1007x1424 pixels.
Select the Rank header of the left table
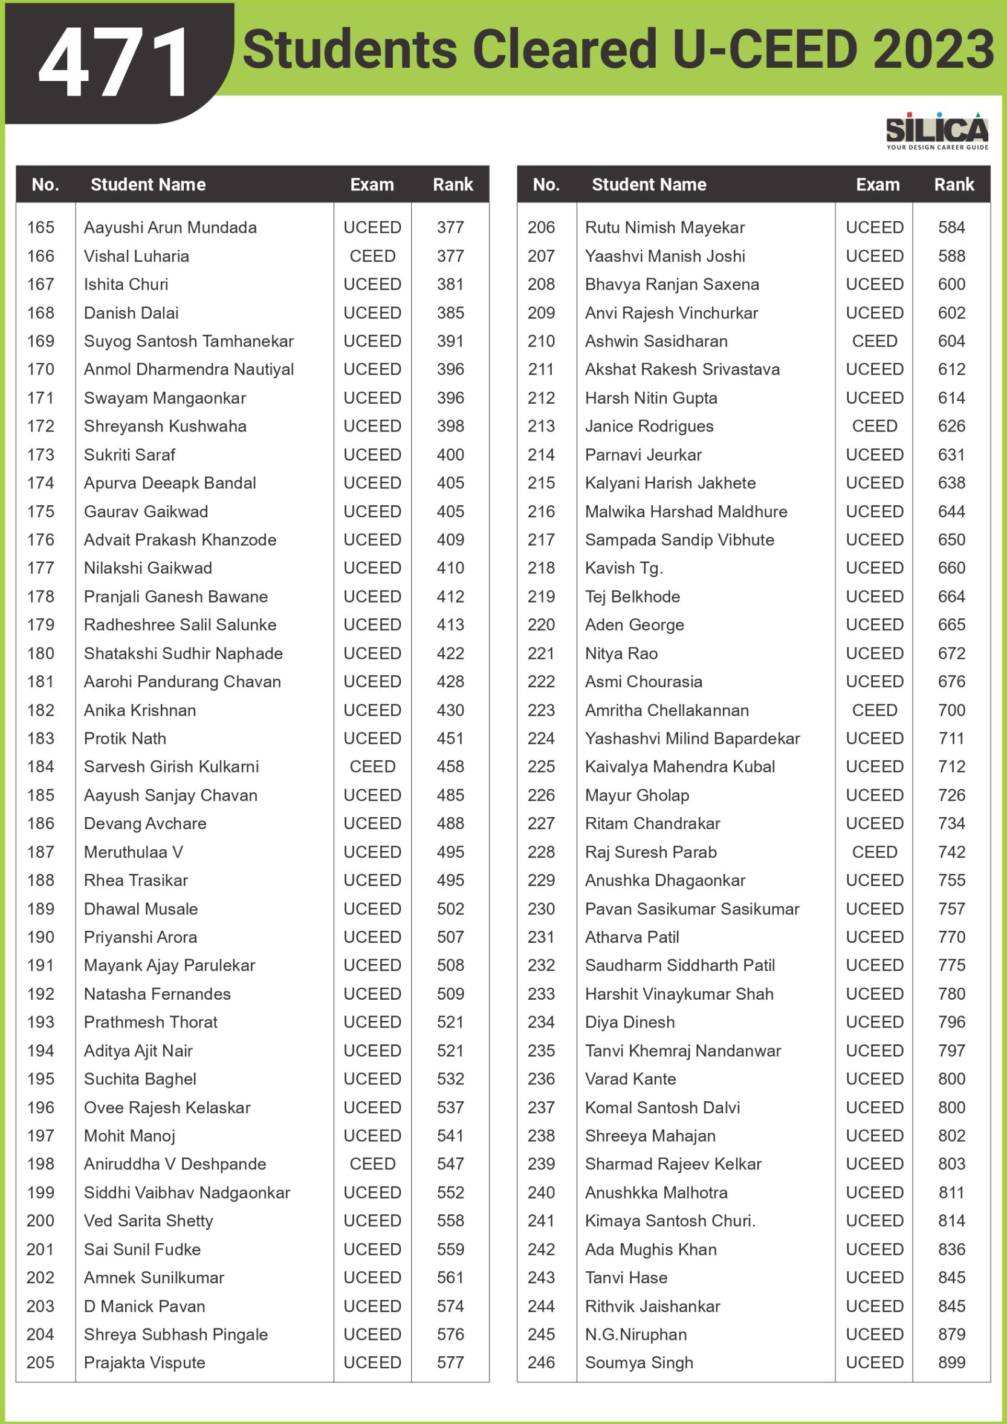click(453, 185)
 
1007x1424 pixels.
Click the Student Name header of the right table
click(649, 185)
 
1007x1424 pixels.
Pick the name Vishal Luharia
click(137, 256)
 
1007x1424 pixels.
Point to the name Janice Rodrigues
click(649, 426)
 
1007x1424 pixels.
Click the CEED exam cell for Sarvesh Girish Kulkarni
click(372, 766)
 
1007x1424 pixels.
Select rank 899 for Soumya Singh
click(951, 1362)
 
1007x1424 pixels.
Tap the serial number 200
click(40, 1220)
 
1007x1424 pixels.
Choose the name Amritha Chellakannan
click(667, 710)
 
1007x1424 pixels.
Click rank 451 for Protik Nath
click(450, 738)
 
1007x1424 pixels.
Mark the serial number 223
click(541, 710)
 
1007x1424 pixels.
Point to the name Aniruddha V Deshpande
click(175, 1164)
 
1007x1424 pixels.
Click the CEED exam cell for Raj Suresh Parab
click(874, 852)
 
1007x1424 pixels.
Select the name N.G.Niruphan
click(636, 1334)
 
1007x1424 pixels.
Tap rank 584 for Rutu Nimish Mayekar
click(951, 228)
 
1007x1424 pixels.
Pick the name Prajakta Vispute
click(144, 1362)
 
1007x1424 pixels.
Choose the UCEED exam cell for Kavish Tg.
click(874, 568)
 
